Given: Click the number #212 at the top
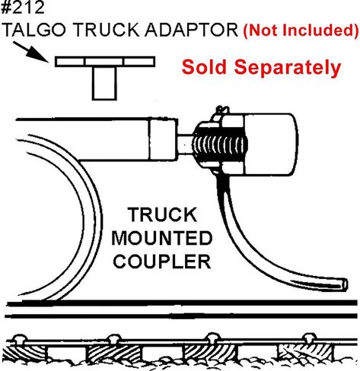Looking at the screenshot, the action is click(23, 7).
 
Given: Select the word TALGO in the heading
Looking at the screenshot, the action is click(34, 30).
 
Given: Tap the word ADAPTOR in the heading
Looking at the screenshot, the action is click(191, 30).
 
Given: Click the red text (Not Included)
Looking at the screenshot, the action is click(301, 30).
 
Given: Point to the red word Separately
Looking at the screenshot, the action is click(288, 68).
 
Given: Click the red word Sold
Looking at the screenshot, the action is click(204, 67).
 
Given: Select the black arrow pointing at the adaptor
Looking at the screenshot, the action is click(30, 52).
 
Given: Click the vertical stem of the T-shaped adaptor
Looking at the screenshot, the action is click(104, 83).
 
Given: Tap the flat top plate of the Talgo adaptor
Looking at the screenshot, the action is click(105, 62).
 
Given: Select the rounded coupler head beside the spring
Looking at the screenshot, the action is click(270, 144).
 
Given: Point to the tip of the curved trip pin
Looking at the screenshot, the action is click(345, 284).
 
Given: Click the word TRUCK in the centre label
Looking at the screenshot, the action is click(162, 214).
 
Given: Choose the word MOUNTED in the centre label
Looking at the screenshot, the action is click(162, 238).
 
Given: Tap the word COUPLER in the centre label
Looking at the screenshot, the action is click(162, 261).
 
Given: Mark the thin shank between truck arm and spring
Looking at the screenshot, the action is click(185, 144).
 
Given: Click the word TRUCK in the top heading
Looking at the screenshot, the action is click(106, 30).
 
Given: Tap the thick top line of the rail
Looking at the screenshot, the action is click(182, 303).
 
